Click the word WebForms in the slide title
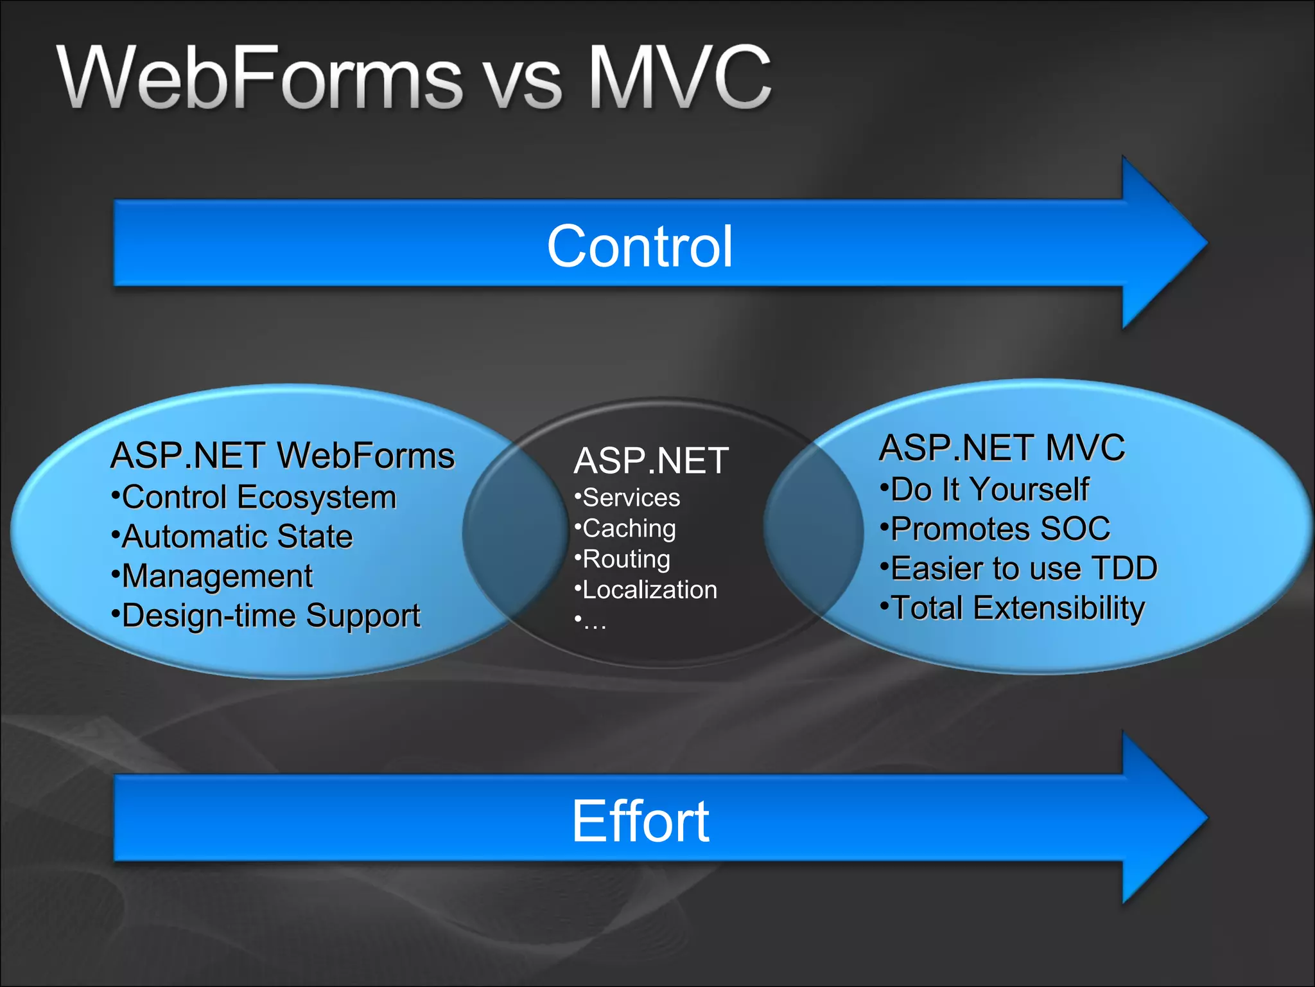coord(260,78)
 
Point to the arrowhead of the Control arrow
coord(1162,243)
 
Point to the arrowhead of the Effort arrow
coord(1162,818)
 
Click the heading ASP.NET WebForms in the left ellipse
coord(283,456)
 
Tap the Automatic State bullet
coord(236,537)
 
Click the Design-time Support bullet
coord(270,616)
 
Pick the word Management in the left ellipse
coord(217,576)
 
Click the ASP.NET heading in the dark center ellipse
coord(651,461)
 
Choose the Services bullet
coord(631,498)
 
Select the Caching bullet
coord(629,529)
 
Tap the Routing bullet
coord(626,559)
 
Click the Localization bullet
coord(649,590)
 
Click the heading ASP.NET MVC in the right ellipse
coord(1002,448)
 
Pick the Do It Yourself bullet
coord(989,490)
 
